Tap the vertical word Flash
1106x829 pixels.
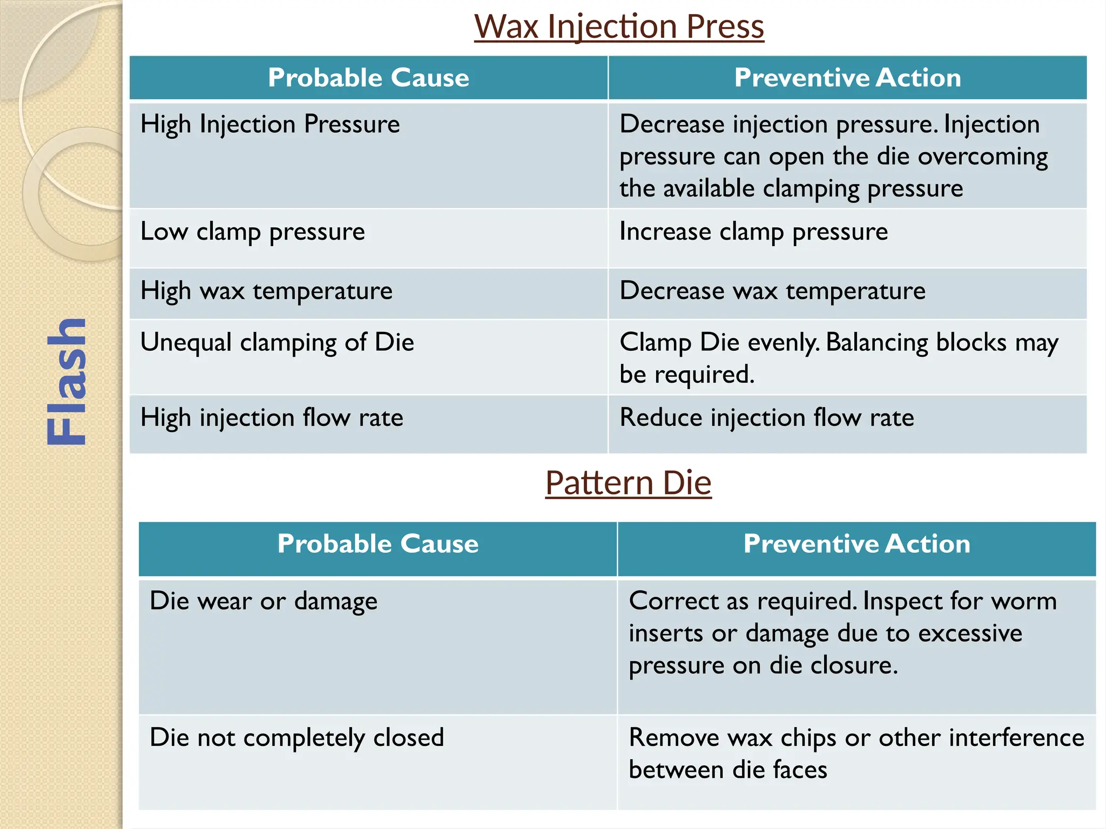click(66, 382)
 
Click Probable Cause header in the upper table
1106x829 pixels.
click(369, 78)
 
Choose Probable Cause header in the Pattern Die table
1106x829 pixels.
click(378, 543)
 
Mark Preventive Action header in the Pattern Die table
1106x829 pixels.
click(857, 543)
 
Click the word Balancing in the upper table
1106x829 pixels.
click(877, 343)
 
